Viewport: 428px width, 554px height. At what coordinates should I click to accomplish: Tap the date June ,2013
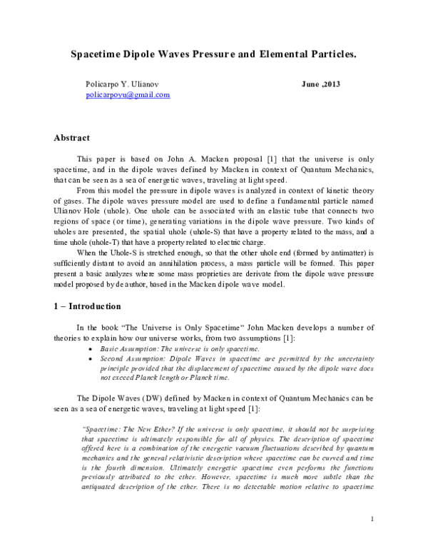(321, 84)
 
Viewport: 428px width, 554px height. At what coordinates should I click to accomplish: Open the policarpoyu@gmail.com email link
(128, 95)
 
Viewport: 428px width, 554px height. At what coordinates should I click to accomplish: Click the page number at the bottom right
(372, 518)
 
